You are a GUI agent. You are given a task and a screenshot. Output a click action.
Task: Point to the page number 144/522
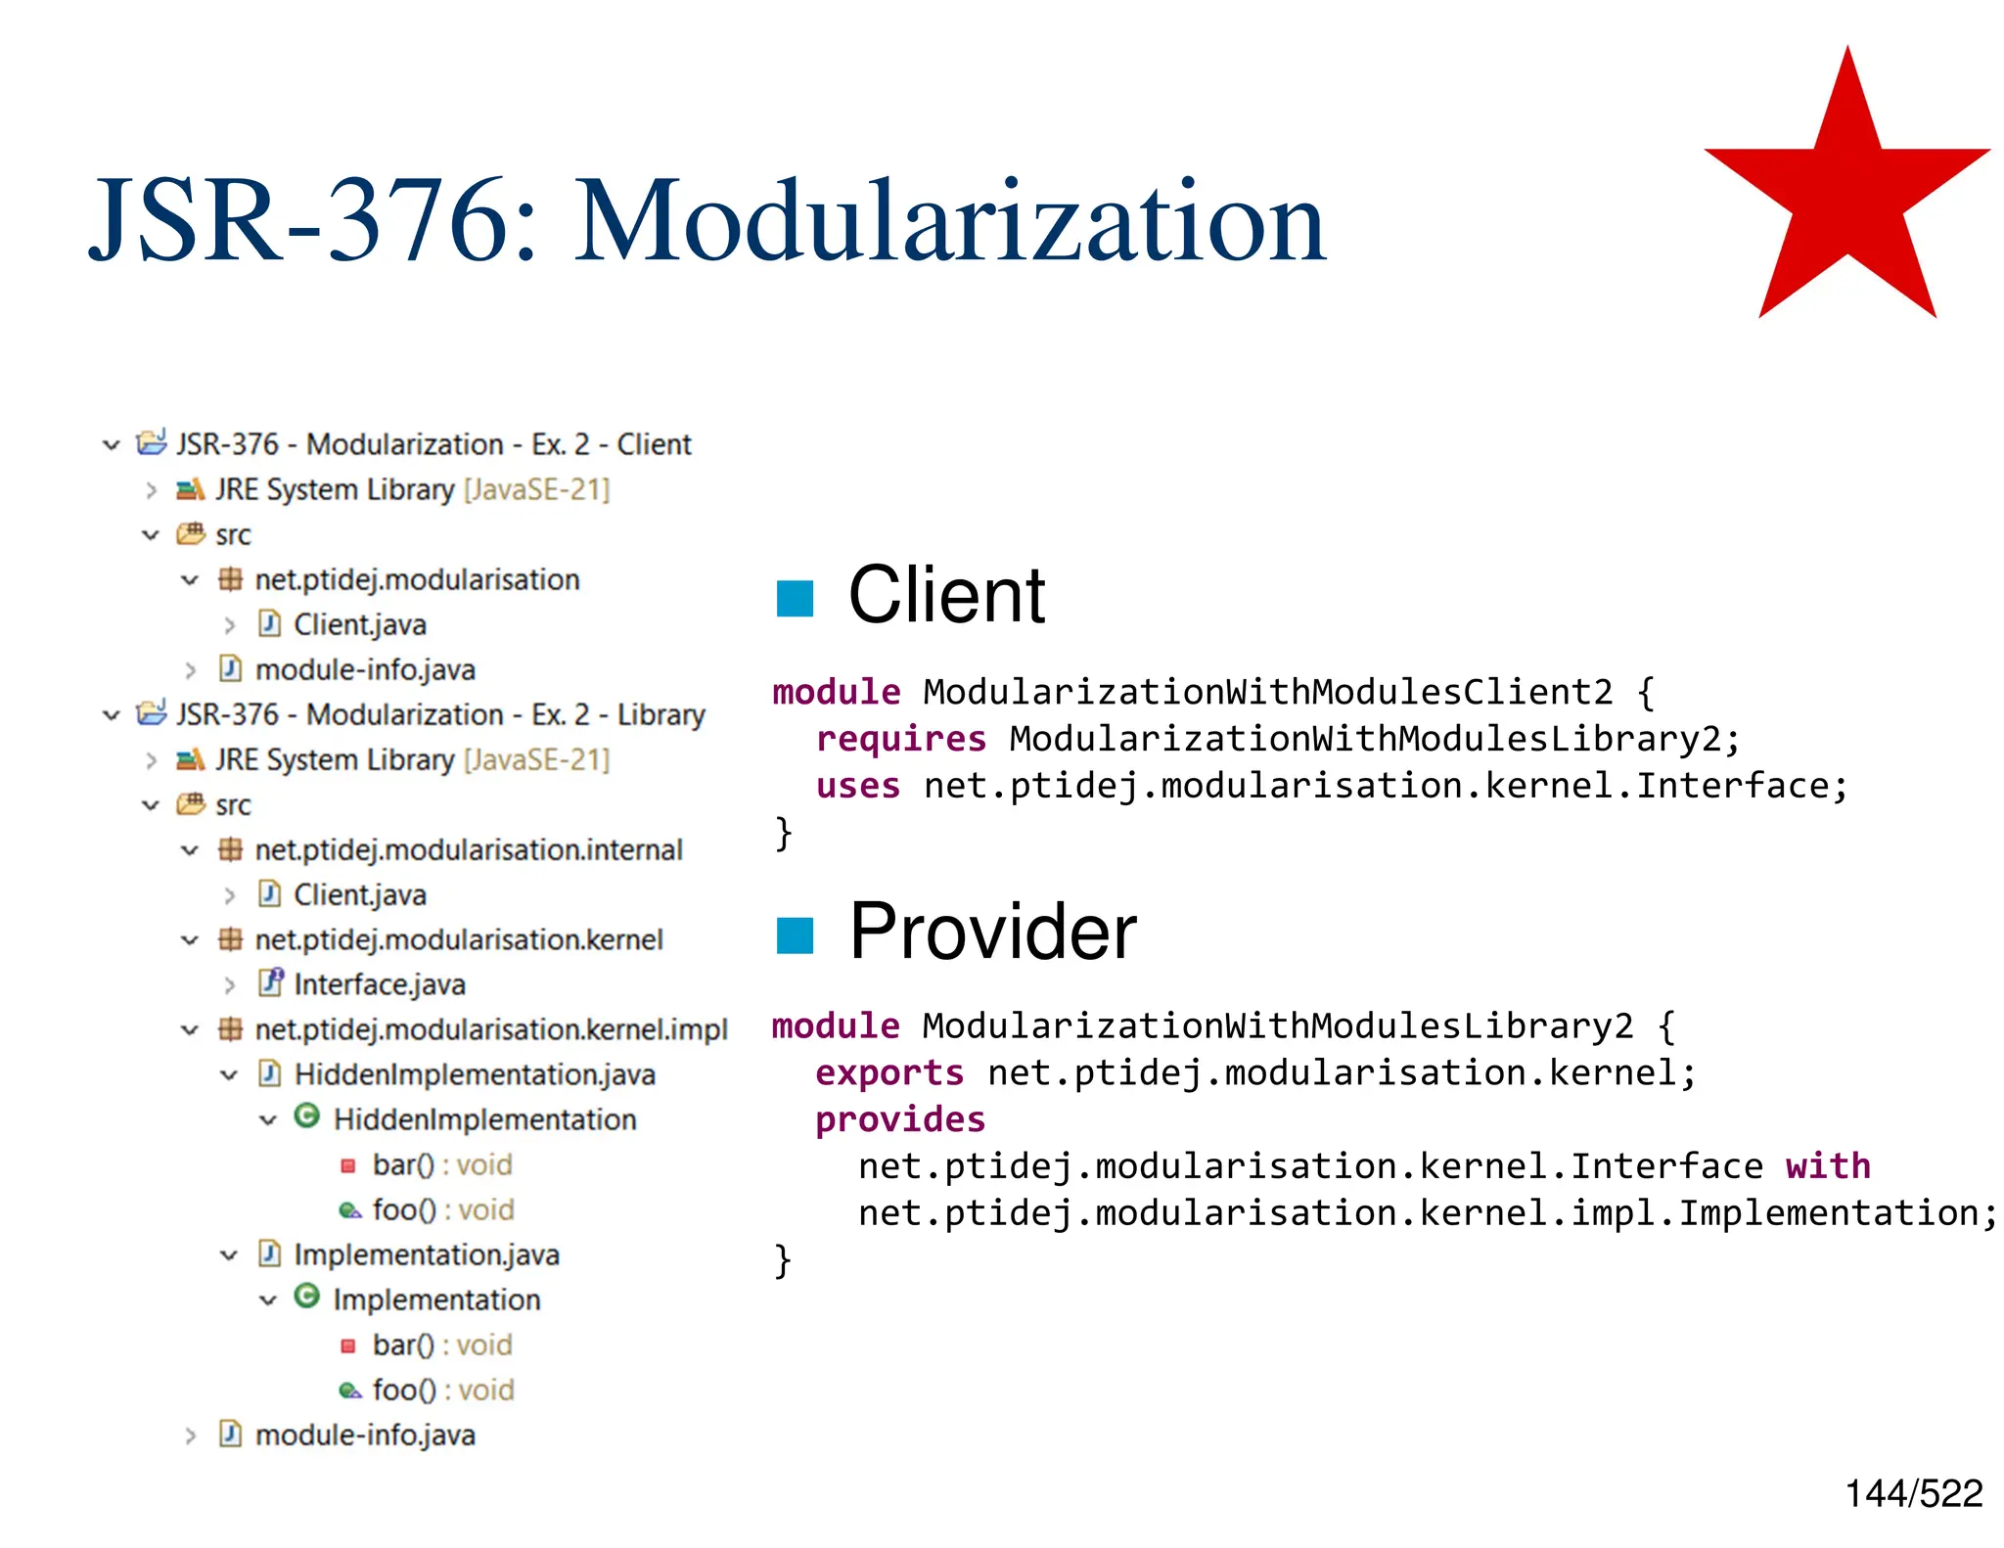tap(1913, 1494)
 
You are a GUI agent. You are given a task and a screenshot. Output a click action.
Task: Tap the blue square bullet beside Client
tap(795, 598)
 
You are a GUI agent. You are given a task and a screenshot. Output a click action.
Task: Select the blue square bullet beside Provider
tap(795, 934)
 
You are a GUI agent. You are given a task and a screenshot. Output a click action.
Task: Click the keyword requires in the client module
tap(900, 739)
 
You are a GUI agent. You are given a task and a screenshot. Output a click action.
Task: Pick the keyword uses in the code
tap(857, 786)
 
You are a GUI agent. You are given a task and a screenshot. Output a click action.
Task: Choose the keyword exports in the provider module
tap(888, 1073)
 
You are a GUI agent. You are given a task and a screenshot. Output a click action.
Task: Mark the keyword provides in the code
tap(900, 1119)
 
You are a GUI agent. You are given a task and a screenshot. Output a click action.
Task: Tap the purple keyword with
tap(1827, 1166)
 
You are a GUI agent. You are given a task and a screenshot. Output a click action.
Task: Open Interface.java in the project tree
tap(379, 984)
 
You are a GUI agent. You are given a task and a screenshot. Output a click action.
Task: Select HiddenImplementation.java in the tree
tap(474, 1074)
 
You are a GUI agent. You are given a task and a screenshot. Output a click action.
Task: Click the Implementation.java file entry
tap(426, 1254)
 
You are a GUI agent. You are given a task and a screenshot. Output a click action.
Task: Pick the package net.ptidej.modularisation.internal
tap(468, 849)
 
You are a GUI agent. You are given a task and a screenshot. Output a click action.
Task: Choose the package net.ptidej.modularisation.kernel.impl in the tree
tap(490, 1029)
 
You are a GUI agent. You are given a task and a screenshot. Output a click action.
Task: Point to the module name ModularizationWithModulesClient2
tap(1267, 692)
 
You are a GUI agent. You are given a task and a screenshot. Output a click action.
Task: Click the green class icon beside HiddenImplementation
tap(307, 1116)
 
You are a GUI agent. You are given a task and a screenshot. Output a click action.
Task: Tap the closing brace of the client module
tap(783, 834)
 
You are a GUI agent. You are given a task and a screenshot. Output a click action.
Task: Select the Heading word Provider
tap(992, 932)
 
